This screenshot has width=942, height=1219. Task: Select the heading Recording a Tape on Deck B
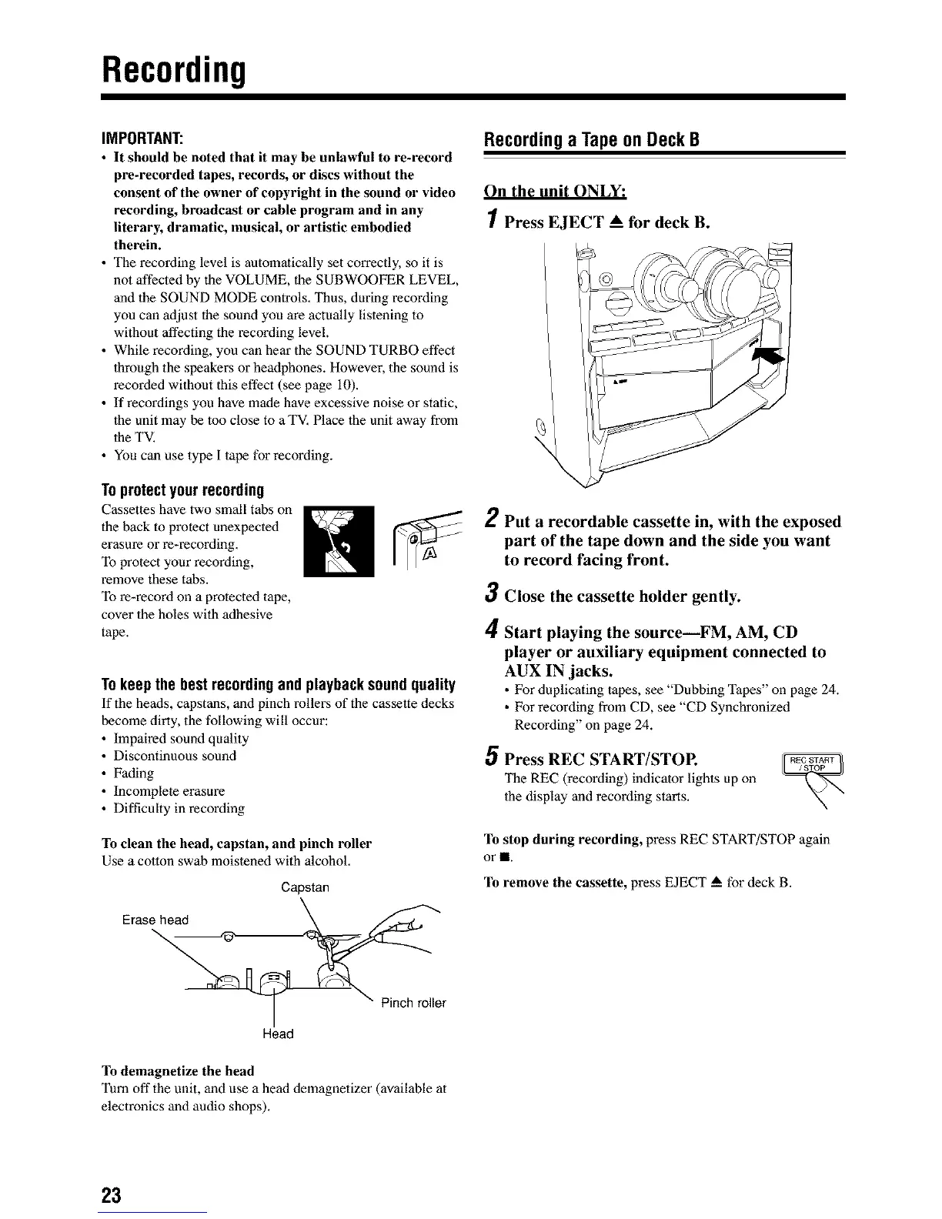[x=590, y=141]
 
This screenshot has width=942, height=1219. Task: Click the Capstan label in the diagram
[x=305, y=887]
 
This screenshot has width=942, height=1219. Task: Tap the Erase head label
[x=155, y=920]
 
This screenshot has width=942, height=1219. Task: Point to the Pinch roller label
[x=413, y=1003]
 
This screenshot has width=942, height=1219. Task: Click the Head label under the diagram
[x=278, y=1034]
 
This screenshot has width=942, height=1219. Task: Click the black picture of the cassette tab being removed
[x=339, y=541]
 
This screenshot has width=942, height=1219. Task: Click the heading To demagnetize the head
[x=177, y=1070]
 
